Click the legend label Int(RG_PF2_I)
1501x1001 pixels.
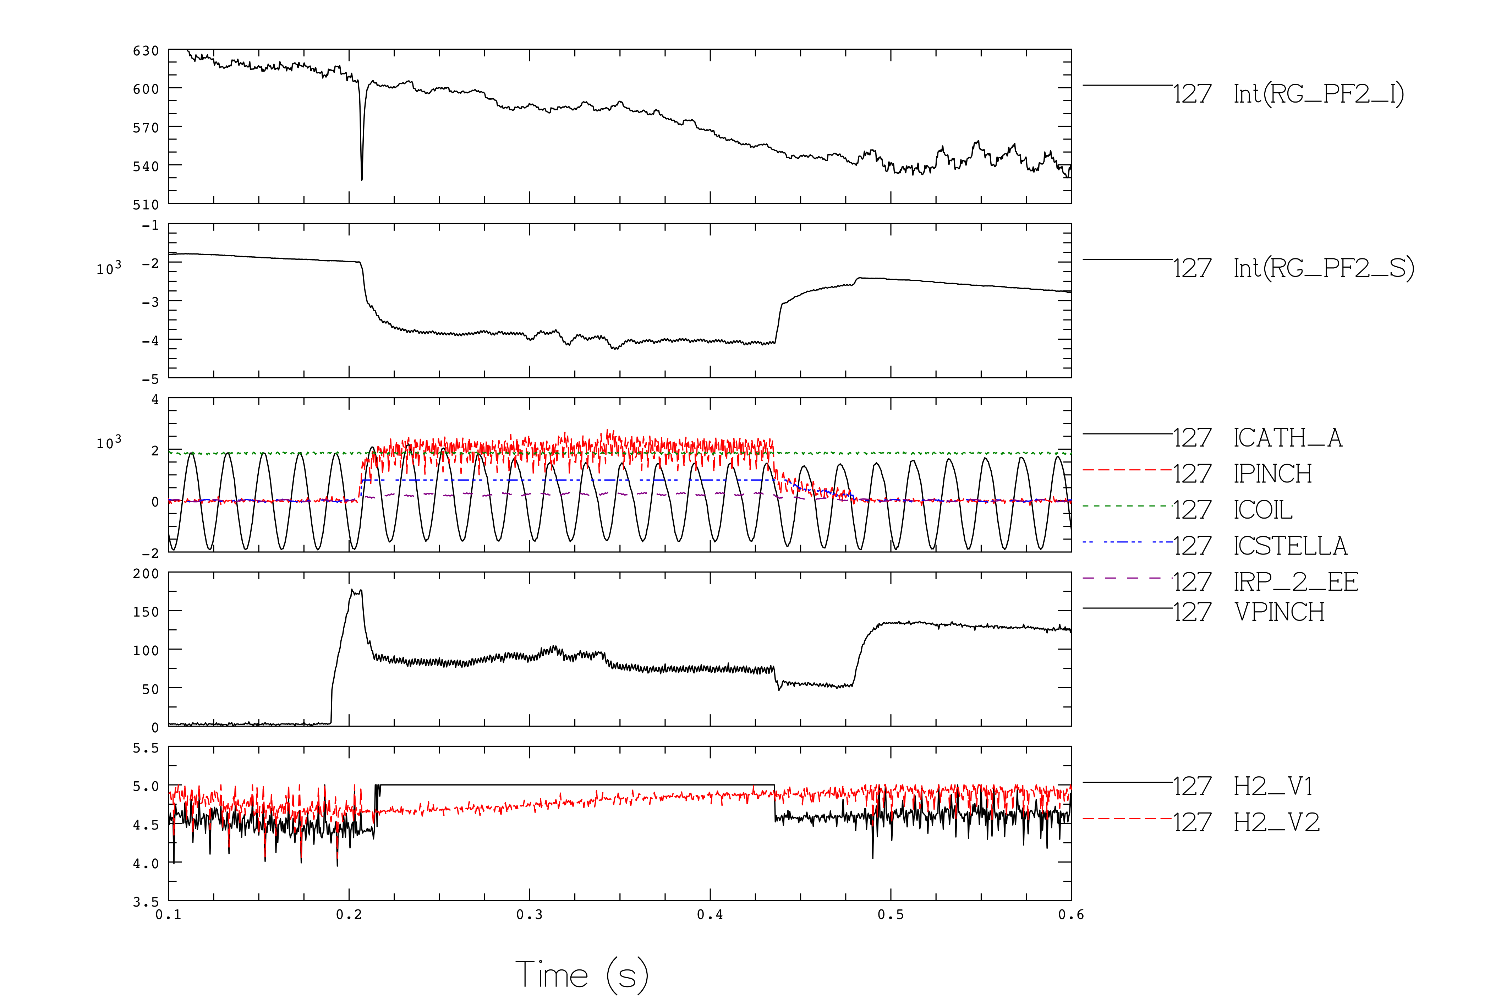point(1319,94)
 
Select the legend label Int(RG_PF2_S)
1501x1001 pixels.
point(1324,268)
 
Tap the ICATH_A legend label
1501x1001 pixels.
point(1288,438)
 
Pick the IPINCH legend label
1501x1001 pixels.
point(1272,474)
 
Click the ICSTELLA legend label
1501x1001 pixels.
point(1291,546)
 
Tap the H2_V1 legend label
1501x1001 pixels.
point(1273,787)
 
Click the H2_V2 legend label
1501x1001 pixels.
point(1276,822)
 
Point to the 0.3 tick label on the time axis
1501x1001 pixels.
point(529,915)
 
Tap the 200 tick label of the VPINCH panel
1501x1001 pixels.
point(146,573)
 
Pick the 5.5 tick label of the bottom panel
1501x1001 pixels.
point(146,748)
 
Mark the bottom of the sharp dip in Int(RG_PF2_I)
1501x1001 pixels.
point(362,179)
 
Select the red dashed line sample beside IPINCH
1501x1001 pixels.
point(1128,470)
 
